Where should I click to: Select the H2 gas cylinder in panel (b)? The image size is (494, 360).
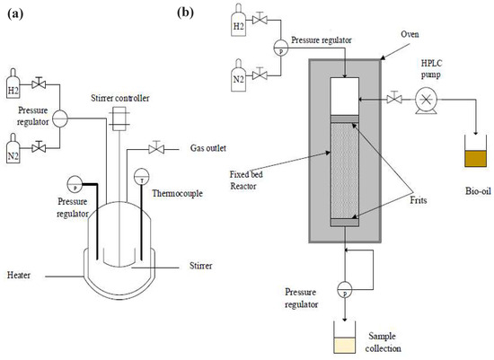point(238,25)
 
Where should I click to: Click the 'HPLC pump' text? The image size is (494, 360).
point(430,71)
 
